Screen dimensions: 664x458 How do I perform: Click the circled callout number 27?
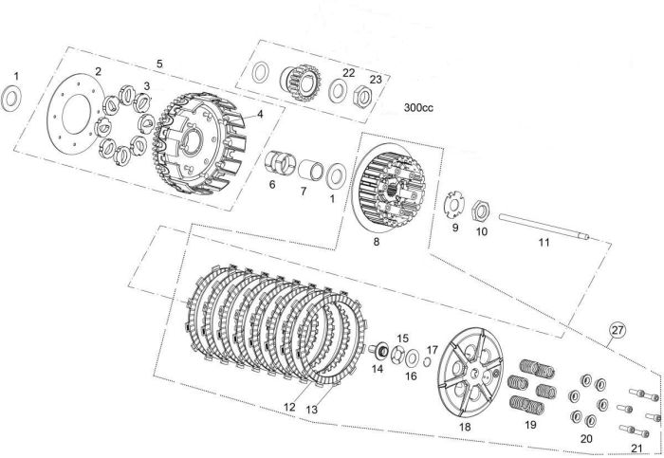pyautogui.click(x=618, y=329)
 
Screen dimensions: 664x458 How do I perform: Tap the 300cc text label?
pyautogui.click(x=418, y=107)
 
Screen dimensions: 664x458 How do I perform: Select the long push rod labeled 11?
pyautogui.click(x=544, y=228)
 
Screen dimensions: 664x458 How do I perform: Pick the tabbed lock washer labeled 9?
pyautogui.click(x=454, y=204)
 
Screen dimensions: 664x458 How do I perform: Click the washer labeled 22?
pyautogui.click(x=339, y=90)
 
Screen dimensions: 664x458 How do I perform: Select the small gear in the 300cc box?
pyautogui.click(x=300, y=82)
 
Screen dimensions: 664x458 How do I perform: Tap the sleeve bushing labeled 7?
pyautogui.click(x=310, y=170)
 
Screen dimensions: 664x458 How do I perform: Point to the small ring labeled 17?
pyautogui.click(x=428, y=360)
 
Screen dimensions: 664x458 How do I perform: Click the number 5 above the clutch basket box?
pyautogui.click(x=159, y=64)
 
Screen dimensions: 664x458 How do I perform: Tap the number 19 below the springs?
pyautogui.click(x=530, y=425)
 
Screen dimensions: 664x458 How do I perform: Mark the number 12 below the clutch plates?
pyautogui.click(x=289, y=407)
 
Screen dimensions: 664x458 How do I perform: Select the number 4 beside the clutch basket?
pyautogui.click(x=260, y=114)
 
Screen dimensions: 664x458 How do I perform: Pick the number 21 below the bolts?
pyautogui.click(x=636, y=448)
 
